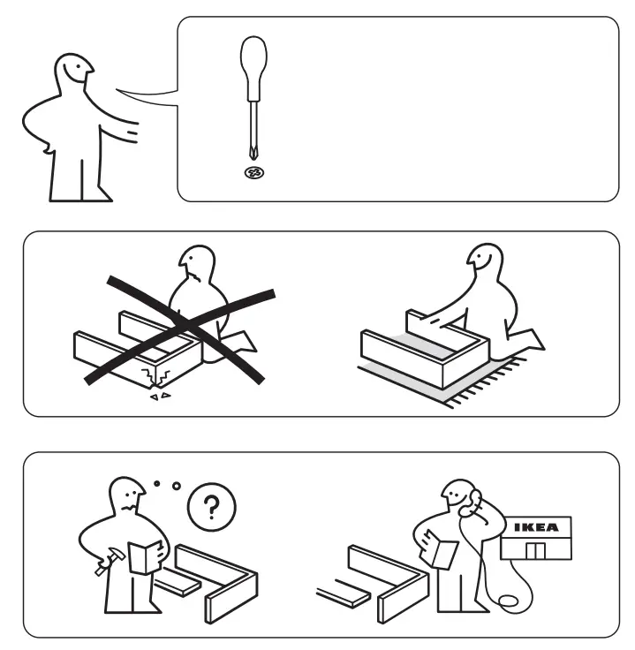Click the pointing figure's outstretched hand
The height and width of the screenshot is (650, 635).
coord(132,132)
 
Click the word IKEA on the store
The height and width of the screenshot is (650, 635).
coord(536,527)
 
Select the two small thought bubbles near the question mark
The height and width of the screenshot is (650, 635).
coord(167,484)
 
